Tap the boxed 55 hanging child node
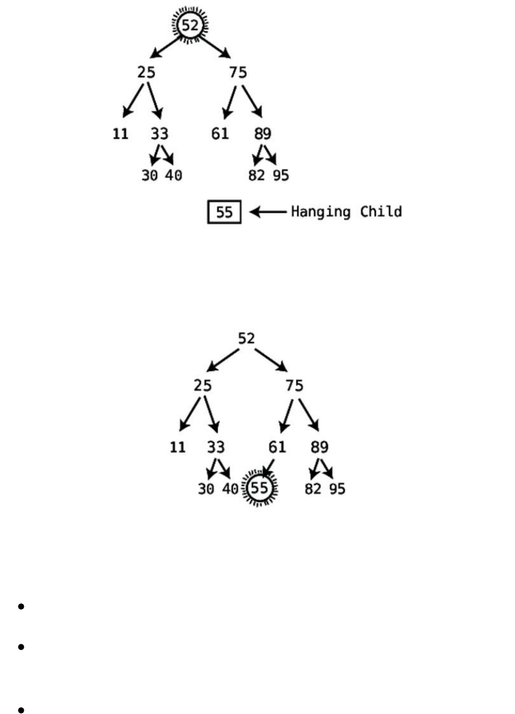pyautogui.click(x=224, y=213)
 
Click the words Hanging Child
pyautogui.click(x=346, y=212)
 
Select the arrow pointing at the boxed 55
pyautogui.click(x=268, y=213)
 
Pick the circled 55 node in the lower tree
pyautogui.click(x=260, y=488)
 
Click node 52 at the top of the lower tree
pyautogui.click(x=246, y=338)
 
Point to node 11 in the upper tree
pyautogui.click(x=120, y=133)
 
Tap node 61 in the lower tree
pyautogui.click(x=277, y=447)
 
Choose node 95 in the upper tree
pyautogui.click(x=281, y=176)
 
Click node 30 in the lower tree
pyautogui.click(x=206, y=489)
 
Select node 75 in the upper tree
pyautogui.click(x=238, y=73)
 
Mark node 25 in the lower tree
pyautogui.click(x=203, y=386)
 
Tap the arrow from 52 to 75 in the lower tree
pyautogui.click(x=271, y=360)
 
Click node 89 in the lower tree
pyautogui.click(x=319, y=447)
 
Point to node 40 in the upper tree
pyautogui.click(x=173, y=176)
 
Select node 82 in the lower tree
pyautogui.click(x=313, y=489)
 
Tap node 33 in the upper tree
pyautogui.click(x=159, y=133)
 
